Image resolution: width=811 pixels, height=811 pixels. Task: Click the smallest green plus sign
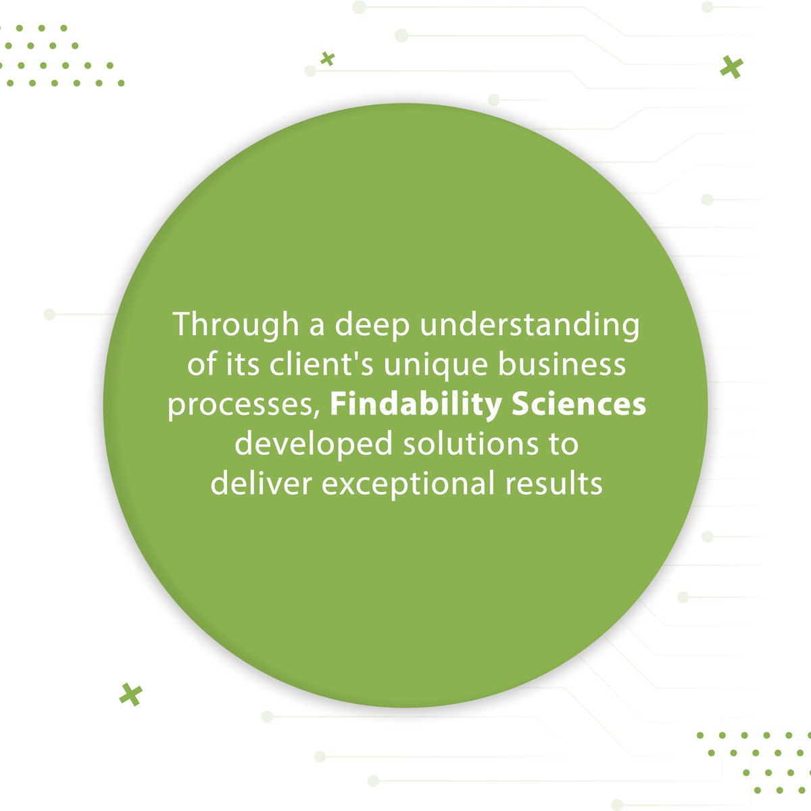(x=328, y=59)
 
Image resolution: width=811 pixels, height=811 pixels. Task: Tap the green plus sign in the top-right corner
(x=731, y=68)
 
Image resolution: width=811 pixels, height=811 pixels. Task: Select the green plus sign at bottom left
(x=130, y=694)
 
